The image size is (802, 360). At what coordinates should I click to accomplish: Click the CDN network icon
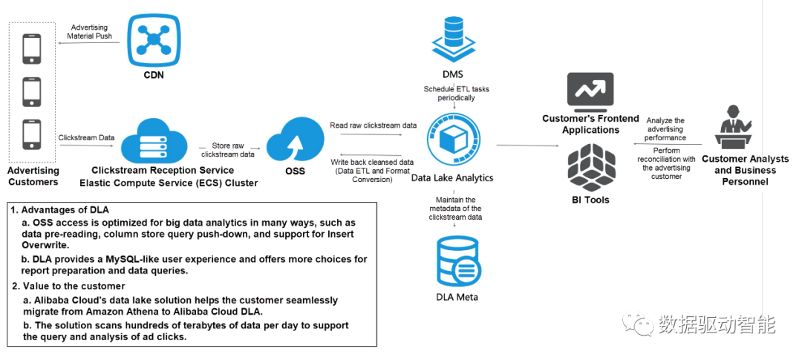(x=154, y=39)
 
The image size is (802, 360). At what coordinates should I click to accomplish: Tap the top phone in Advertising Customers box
(x=31, y=48)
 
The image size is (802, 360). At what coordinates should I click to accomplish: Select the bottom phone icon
(x=31, y=135)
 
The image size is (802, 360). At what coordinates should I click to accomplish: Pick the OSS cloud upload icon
(x=295, y=139)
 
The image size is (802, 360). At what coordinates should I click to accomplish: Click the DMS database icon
(x=453, y=39)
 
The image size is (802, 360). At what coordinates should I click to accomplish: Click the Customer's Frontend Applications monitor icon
(x=590, y=93)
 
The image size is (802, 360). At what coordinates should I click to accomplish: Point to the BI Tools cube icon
(x=590, y=167)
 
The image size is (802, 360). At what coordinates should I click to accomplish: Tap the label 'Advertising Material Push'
(x=90, y=32)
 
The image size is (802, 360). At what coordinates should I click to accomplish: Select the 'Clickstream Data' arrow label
(x=86, y=137)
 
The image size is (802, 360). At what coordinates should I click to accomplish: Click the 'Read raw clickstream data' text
(x=374, y=125)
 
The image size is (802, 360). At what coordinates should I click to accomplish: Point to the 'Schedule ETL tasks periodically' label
(x=456, y=93)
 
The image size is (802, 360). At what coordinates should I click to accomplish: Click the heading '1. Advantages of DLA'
(x=60, y=209)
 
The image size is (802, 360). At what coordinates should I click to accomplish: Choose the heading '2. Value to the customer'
(x=68, y=286)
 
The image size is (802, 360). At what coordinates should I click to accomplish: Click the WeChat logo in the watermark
(x=638, y=323)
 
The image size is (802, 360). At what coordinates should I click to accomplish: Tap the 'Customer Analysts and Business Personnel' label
(x=746, y=170)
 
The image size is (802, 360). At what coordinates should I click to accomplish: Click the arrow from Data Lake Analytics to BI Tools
(x=528, y=145)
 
